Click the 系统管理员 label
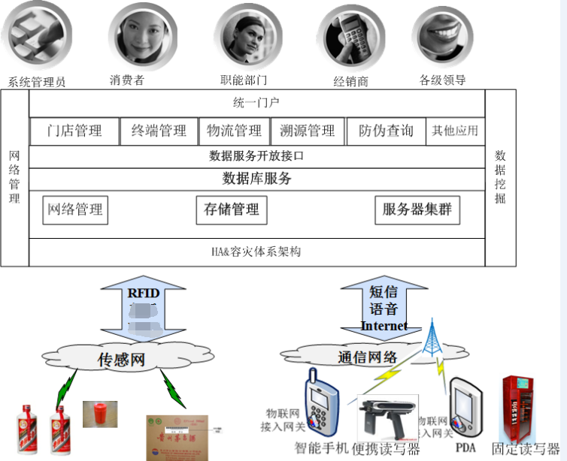(37, 82)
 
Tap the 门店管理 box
(74, 131)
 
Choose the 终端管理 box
(159, 131)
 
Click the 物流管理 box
(235, 131)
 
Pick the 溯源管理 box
(307, 131)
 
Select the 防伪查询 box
(386, 131)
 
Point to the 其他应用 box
(455, 131)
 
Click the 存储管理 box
(232, 210)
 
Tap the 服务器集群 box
(417, 210)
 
